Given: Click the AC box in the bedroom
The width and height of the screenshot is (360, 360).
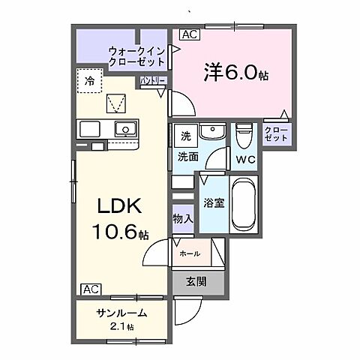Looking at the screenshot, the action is click(190, 34).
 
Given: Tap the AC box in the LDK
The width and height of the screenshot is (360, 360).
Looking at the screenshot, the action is click(91, 289).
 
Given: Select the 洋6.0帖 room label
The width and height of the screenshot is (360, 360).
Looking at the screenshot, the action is click(236, 72).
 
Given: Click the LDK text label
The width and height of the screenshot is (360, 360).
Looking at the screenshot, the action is click(119, 205).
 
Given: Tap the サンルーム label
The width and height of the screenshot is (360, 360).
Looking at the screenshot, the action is click(121, 313).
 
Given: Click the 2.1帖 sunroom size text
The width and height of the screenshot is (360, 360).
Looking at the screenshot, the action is click(121, 326).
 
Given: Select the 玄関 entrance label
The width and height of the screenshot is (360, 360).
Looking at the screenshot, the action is click(196, 282).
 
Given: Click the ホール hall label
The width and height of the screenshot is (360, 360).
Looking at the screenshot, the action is click(190, 253).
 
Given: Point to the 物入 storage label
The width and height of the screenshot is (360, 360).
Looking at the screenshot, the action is click(183, 219).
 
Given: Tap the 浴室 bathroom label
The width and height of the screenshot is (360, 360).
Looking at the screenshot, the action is click(214, 203).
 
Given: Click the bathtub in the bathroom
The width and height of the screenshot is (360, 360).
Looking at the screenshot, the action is click(244, 205).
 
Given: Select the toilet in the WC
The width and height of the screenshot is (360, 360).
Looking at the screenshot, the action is click(244, 136).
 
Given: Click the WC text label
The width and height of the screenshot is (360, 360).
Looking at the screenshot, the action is click(246, 160).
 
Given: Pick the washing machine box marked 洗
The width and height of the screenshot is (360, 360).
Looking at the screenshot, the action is click(186, 136).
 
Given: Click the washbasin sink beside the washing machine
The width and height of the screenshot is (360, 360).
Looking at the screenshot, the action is click(212, 131).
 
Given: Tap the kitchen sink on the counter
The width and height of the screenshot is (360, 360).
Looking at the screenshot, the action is click(126, 129).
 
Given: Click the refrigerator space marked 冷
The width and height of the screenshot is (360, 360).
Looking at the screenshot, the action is click(89, 80).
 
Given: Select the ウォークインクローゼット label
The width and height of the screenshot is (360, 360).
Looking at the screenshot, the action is click(137, 56).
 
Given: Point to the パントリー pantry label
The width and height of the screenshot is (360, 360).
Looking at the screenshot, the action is click(152, 80).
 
